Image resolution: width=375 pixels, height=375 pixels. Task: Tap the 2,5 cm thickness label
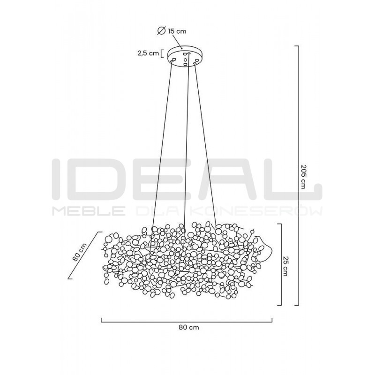(x=148, y=53)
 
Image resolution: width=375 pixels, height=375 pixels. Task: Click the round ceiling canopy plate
(x=186, y=56)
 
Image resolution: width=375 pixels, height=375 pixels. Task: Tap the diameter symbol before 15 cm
(x=161, y=30)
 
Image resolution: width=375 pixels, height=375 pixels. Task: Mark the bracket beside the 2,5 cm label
(x=162, y=53)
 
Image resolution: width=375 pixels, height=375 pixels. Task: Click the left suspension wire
(x=162, y=145)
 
